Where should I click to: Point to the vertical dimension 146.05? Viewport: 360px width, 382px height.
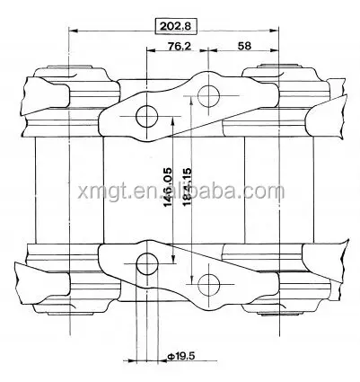167,186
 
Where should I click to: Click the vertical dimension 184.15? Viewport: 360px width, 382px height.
185,186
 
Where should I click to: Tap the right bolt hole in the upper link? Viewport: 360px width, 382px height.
210,93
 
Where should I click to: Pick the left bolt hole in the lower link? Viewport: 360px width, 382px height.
144,262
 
